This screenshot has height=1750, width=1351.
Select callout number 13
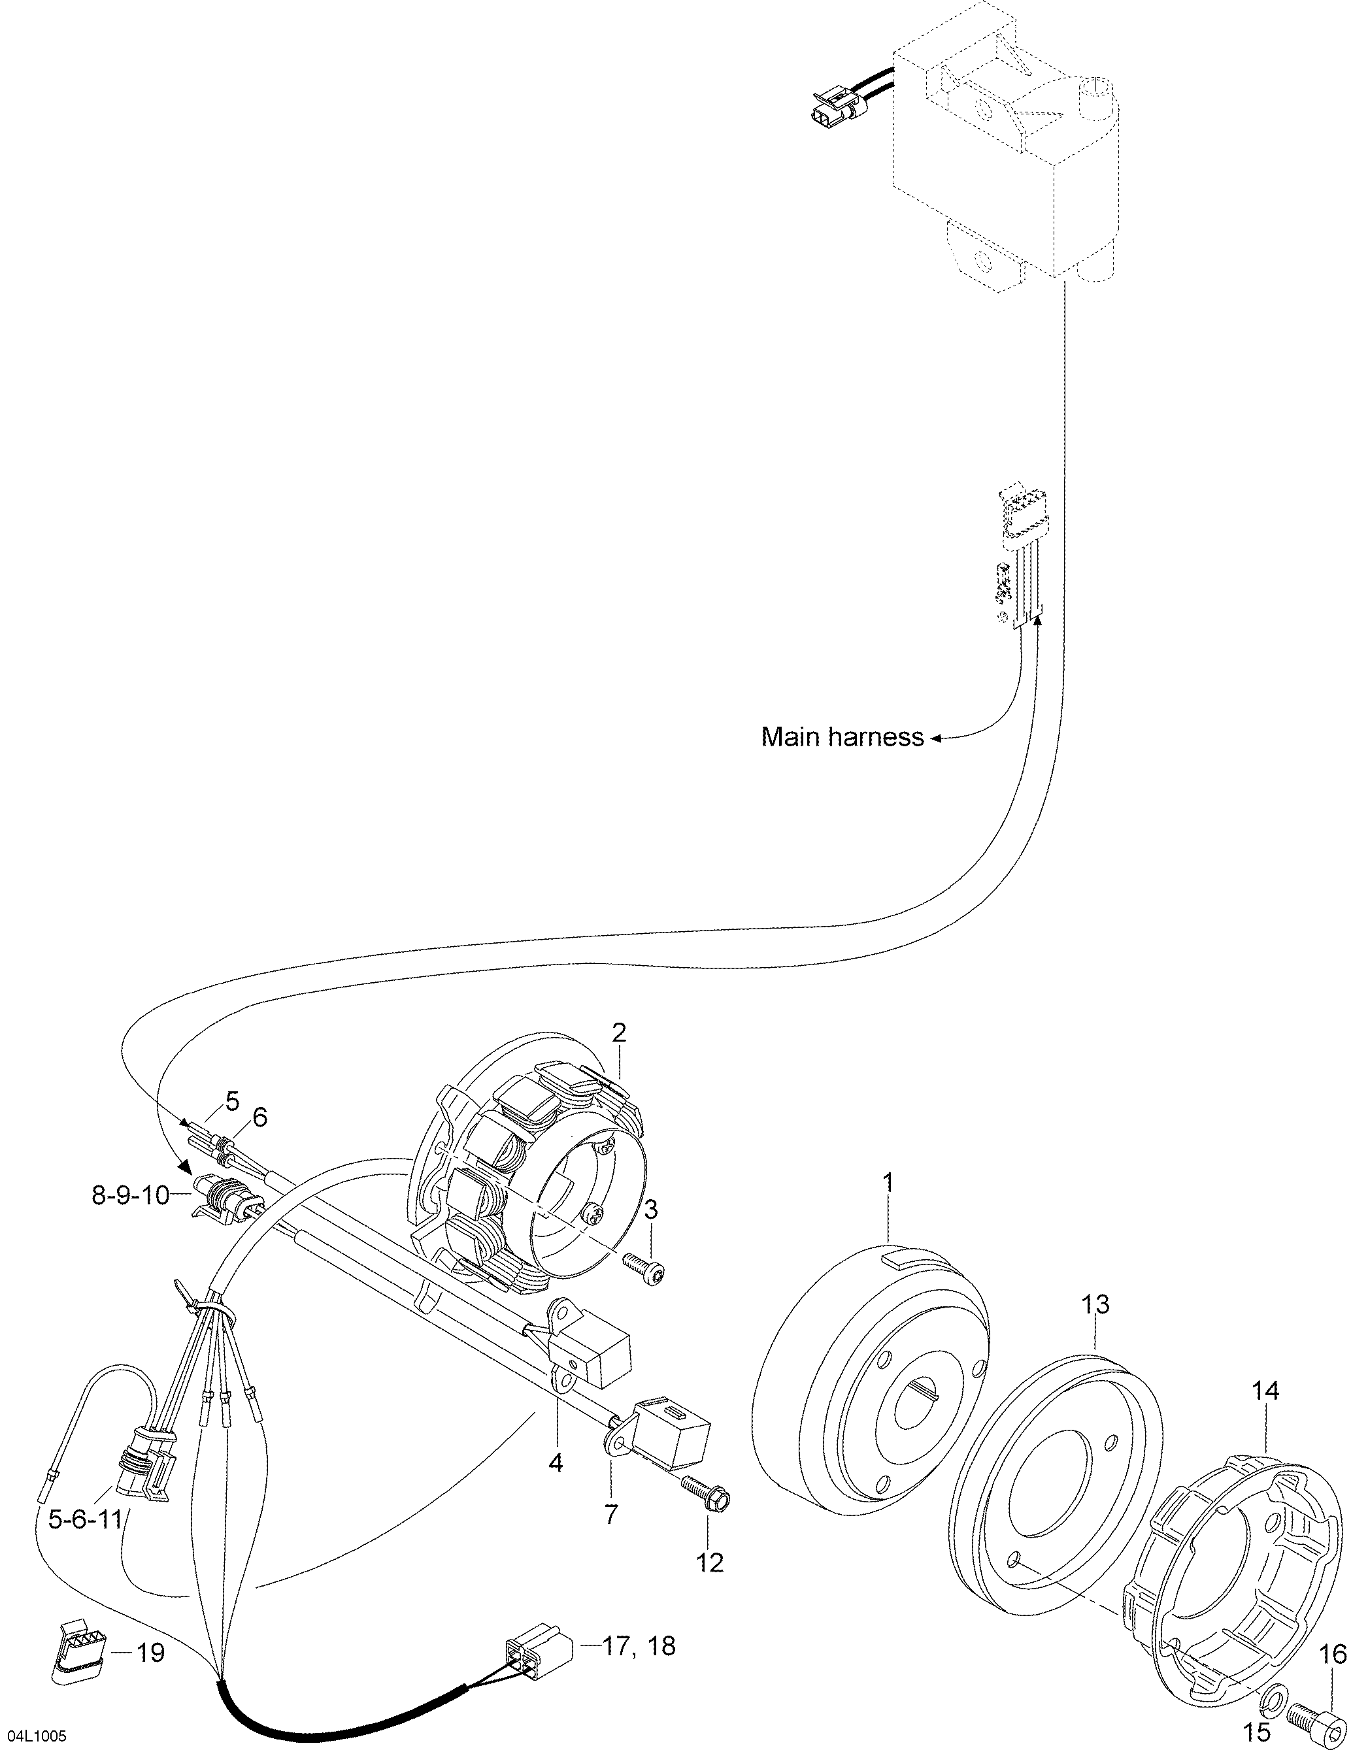pyautogui.click(x=1095, y=1304)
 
